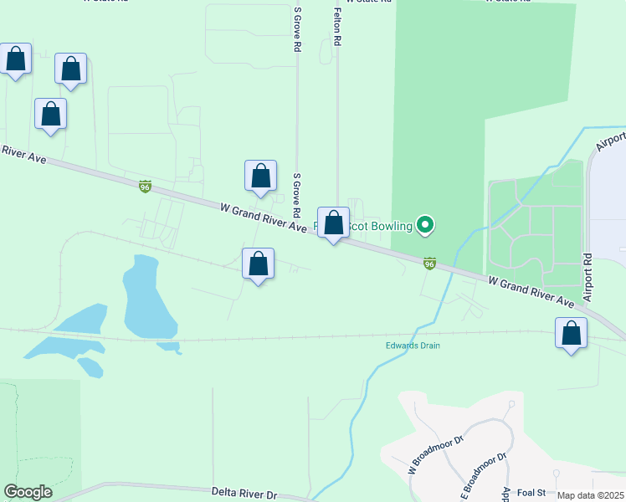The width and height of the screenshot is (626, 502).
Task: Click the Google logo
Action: point(28,492)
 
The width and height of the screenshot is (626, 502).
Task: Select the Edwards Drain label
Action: point(413,346)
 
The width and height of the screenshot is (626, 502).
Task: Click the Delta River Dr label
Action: point(244,494)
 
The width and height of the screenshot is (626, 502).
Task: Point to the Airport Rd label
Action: point(588,278)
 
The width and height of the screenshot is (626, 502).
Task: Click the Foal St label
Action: point(531,493)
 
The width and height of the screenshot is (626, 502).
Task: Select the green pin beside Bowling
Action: point(425,224)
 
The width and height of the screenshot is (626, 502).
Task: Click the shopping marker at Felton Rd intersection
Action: point(333,224)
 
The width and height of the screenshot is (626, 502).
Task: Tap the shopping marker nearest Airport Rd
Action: point(572,336)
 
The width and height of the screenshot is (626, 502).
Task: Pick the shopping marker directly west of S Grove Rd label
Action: point(260,177)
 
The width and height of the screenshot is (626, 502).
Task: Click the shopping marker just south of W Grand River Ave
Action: point(258,265)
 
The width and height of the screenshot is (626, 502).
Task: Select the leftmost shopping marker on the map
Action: point(16,60)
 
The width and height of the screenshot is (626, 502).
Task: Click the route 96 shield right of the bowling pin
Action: point(429,264)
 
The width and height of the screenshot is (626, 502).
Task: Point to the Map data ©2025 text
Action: point(590,495)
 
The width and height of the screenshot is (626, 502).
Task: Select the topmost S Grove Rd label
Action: point(296,30)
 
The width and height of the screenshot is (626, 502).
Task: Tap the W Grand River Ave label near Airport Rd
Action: point(531,291)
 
